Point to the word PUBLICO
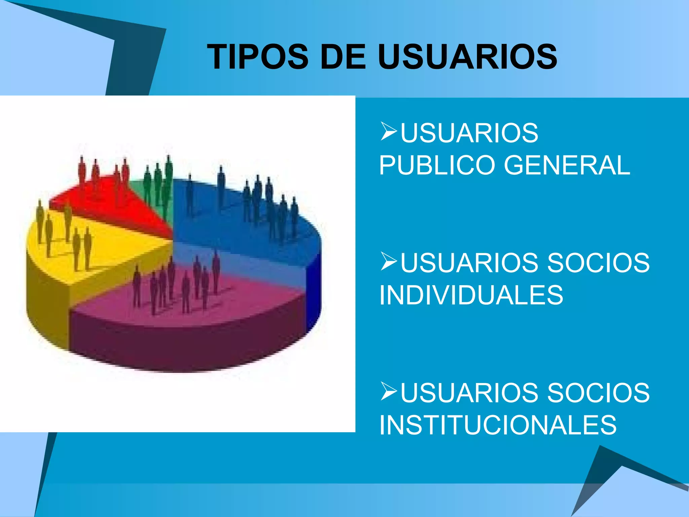pyautogui.click(x=438, y=165)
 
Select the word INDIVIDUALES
pyautogui.click(x=471, y=295)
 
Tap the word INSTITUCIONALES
pyautogui.click(x=498, y=425)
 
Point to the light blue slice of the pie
pyautogui.click(x=235, y=263)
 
